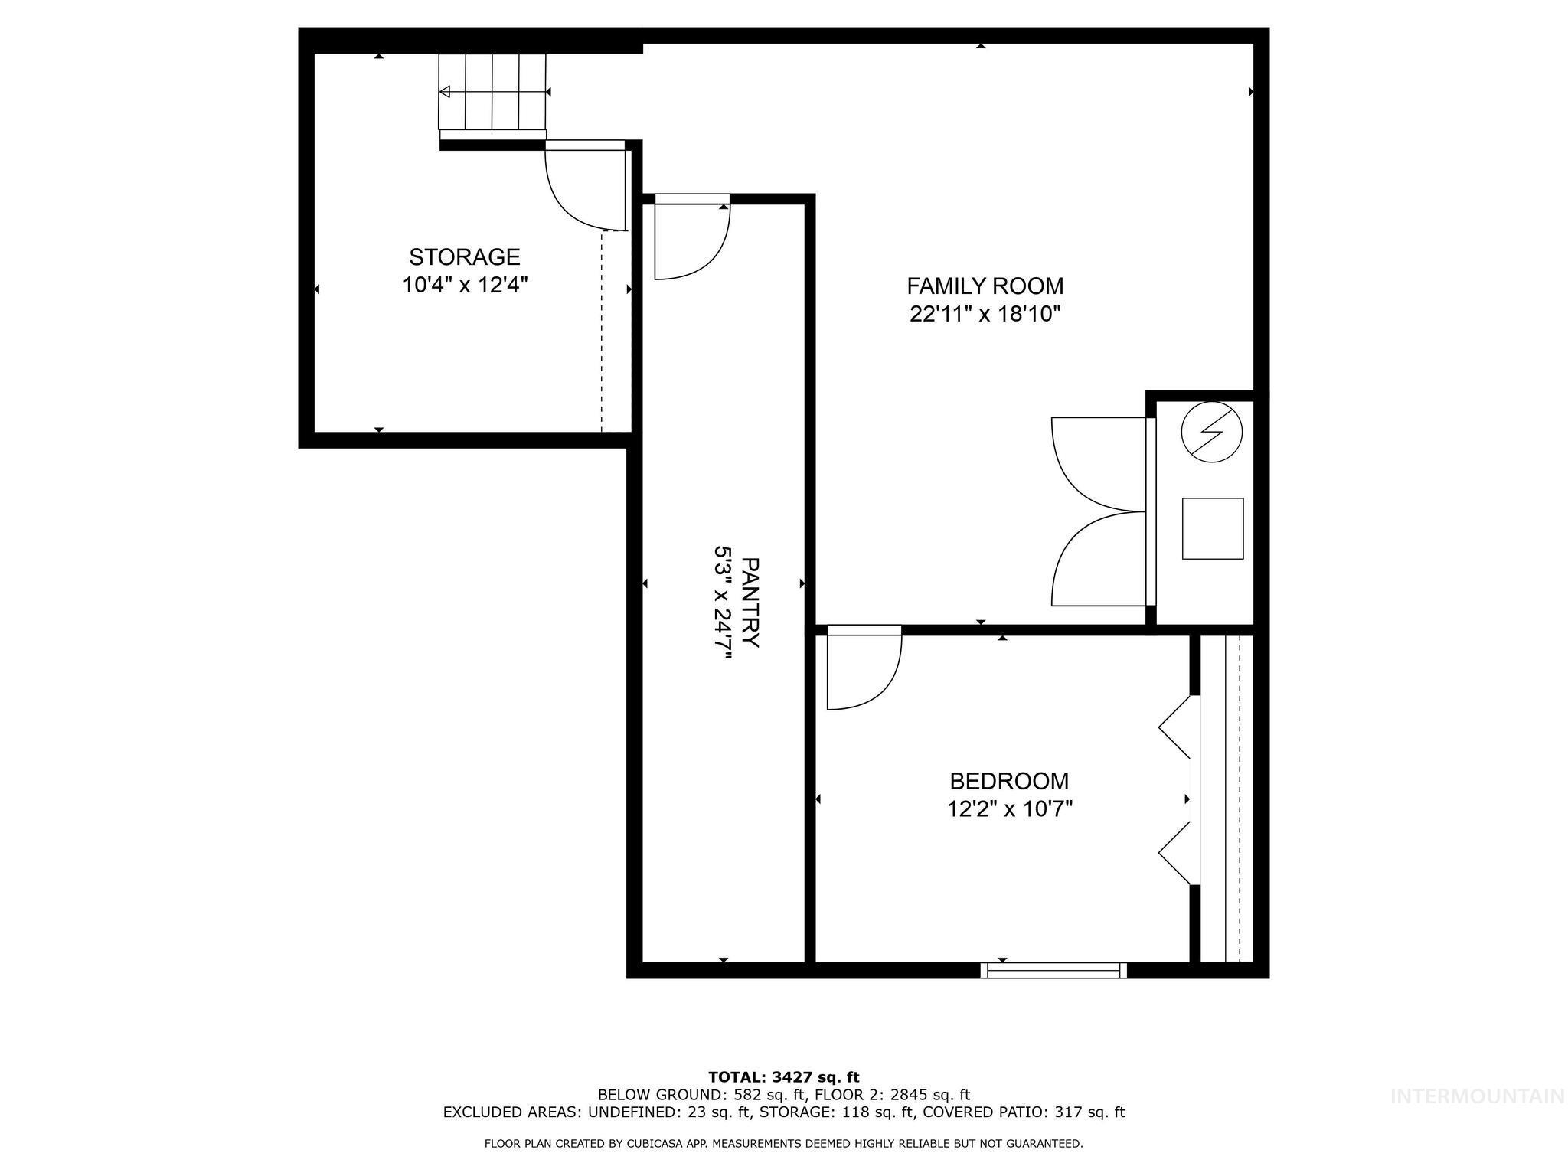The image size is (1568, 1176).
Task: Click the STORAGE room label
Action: (x=464, y=256)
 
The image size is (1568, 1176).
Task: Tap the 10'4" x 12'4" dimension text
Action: (x=464, y=286)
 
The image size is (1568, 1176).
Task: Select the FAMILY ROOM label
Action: (x=985, y=286)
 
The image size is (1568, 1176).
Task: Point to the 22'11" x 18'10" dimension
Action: (x=985, y=315)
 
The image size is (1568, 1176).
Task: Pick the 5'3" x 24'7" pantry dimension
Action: (x=723, y=603)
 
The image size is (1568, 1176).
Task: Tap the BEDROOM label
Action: (x=1009, y=781)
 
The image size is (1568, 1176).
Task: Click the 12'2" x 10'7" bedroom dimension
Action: (x=1009, y=809)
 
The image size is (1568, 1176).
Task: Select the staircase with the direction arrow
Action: (x=492, y=92)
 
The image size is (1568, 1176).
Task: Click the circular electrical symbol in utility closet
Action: (x=1212, y=432)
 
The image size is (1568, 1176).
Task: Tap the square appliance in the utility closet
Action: (x=1212, y=528)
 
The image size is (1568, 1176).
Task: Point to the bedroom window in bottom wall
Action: (x=1053, y=971)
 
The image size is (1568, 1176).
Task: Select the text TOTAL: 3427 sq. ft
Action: (x=783, y=1078)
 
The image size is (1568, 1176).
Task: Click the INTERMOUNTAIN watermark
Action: (x=1477, y=1118)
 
